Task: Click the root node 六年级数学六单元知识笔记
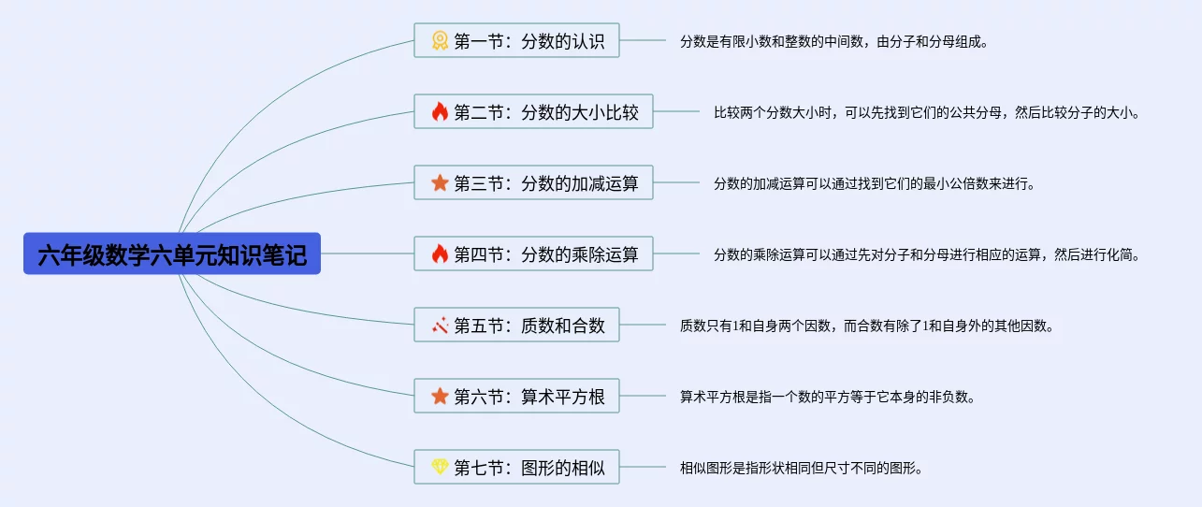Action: point(172,253)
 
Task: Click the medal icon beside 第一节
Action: point(440,41)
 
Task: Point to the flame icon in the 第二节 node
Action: point(440,112)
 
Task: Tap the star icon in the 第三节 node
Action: point(440,183)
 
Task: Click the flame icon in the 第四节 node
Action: point(440,254)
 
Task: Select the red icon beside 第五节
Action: point(440,326)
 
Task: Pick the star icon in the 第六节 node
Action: point(440,397)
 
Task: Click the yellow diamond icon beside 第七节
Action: point(440,468)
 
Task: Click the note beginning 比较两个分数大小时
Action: point(926,113)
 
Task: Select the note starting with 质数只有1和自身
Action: point(866,326)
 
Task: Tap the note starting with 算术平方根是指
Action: point(827,398)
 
